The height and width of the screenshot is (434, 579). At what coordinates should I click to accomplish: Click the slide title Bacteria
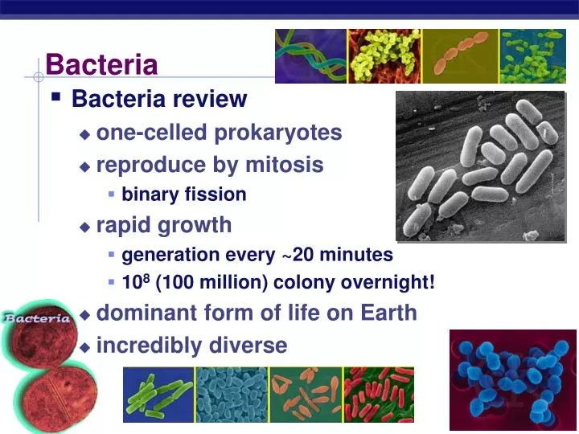(x=101, y=64)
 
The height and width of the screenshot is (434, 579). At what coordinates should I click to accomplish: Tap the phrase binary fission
(x=184, y=194)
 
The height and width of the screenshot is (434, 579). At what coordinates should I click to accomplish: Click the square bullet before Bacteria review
(x=55, y=97)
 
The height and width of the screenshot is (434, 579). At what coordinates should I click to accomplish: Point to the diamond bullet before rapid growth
(x=85, y=227)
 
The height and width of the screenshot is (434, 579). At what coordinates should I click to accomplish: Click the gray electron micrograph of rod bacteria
(x=480, y=166)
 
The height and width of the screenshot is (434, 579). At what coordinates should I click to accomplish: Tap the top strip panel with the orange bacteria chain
(x=459, y=56)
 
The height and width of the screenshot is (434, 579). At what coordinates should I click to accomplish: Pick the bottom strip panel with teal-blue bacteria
(x=232, y=395)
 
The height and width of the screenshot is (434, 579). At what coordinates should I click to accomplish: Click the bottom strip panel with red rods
(x=379, y=395)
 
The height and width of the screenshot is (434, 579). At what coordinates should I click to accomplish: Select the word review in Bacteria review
(x=213, y=99)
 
